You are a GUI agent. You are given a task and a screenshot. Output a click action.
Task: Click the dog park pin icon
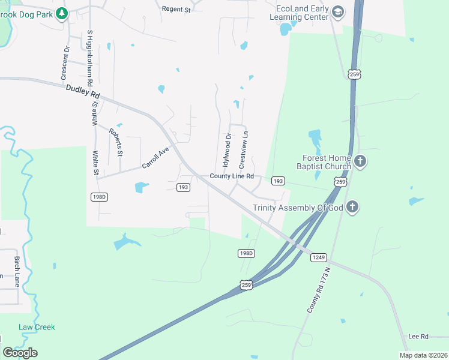point(61,13)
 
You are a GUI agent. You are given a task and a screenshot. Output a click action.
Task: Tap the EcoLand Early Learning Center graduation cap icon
point(338,13)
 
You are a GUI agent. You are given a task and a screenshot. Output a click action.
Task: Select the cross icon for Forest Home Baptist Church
point(360,161)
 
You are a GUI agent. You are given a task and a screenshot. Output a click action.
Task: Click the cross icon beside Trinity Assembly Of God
point(352,207)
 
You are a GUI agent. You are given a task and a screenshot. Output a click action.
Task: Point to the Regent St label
point(176,9)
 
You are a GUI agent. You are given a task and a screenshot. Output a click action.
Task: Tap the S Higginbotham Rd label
point(90,58)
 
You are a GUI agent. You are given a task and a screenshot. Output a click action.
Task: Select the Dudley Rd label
point(83,94)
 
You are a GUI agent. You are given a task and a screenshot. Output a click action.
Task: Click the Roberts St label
point(116,142)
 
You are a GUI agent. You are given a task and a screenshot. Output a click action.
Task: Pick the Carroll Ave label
point(155,157)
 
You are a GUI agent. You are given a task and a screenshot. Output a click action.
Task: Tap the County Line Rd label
point(232,176)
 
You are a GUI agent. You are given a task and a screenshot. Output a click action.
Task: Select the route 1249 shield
point(318,257)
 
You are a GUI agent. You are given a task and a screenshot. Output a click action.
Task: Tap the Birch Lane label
point(17,269)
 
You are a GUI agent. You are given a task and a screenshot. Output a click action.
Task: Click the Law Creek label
point(37,327)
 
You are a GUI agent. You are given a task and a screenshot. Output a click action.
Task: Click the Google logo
point(20,353)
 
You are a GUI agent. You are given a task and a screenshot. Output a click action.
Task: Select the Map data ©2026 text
point(423,355)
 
